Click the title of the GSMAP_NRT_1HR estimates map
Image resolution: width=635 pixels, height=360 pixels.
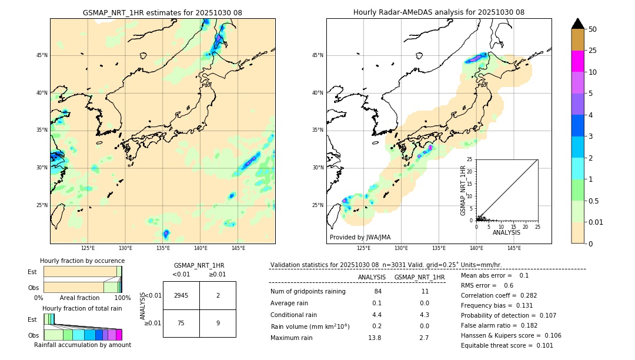[x=162, y=12]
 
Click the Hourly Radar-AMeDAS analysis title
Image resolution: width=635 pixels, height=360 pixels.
[x=439, y=12]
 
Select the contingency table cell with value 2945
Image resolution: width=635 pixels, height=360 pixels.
[x=181, y=295]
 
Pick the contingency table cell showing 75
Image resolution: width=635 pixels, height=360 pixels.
[x=181, y=322]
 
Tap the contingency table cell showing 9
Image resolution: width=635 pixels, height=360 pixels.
[x=218, y=322]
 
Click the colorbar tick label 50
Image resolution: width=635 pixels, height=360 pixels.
[x=593, y=29]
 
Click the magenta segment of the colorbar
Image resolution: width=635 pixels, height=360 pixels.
[x=577, y=61]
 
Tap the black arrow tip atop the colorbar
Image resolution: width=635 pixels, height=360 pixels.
[x=577, y=22]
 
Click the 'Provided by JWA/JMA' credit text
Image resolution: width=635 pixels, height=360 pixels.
[x=360, y=238]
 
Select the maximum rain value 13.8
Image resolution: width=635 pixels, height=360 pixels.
[x=375, y=338]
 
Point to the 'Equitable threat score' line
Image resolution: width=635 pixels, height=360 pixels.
[x=507, y=345]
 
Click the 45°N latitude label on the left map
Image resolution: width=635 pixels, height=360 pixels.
[x=42, y=55]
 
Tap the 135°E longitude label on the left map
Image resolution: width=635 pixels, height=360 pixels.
[x=163, y=249]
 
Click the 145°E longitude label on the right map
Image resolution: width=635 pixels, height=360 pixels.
[x=514, y=249]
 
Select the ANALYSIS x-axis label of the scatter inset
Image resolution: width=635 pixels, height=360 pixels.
[x=506, y=232]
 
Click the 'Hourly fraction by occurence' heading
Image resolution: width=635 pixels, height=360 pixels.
[x=82, y=261]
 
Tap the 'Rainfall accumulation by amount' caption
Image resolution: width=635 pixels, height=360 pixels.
[x=82, y=345]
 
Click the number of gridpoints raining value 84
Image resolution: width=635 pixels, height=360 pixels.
[x=377, y=292]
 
